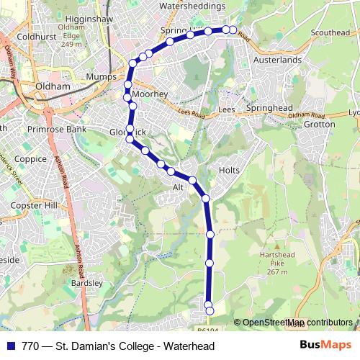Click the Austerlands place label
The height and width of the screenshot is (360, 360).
[276, 60]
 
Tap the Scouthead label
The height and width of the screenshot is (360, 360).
[330, 32]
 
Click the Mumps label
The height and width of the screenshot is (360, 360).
[96, 76]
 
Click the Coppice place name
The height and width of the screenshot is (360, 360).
[30, 159]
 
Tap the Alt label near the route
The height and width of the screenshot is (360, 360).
[179, 186]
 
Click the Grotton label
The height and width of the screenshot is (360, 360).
[320, 124]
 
